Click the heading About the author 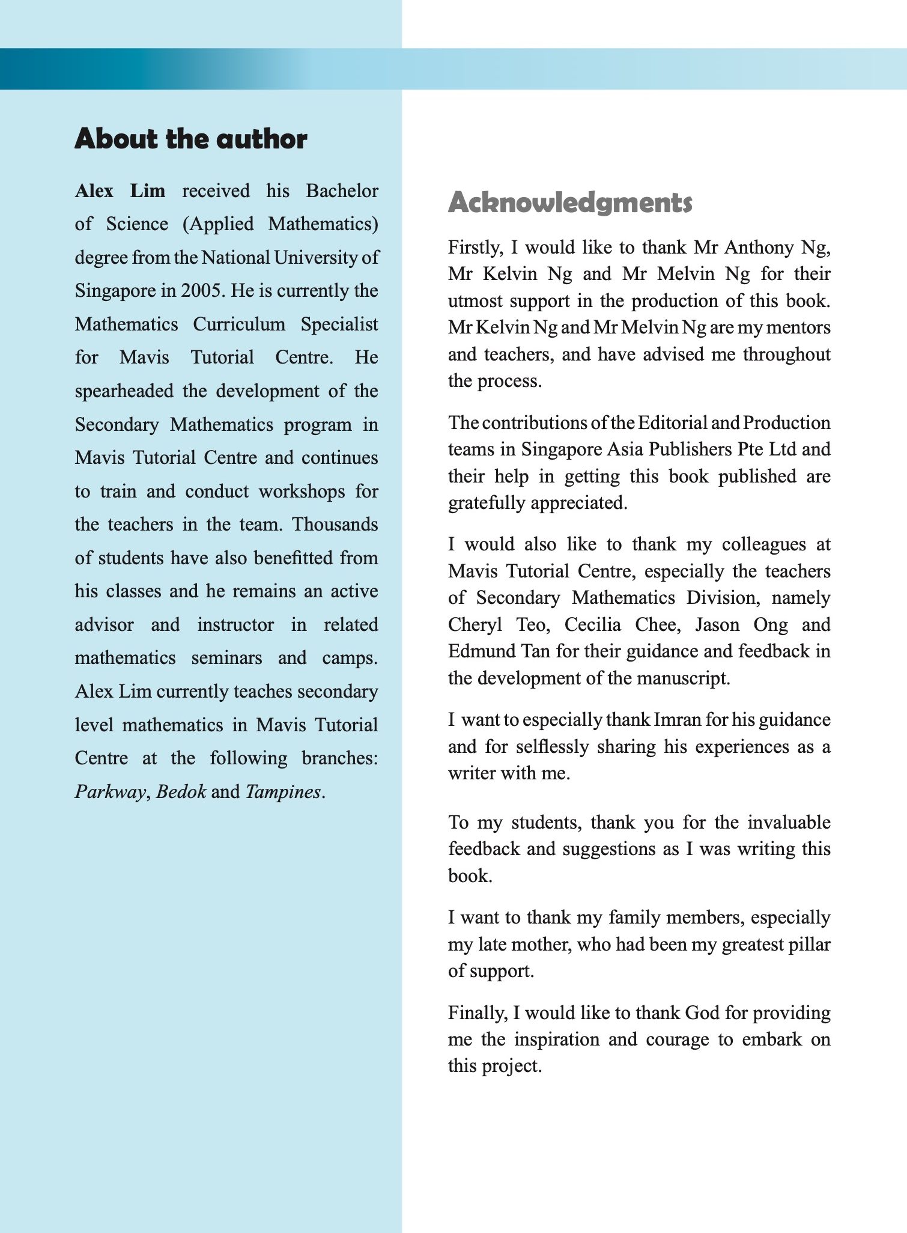tap(190, 139)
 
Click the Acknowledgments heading tap(570, 202)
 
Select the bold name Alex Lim tap(120, 191)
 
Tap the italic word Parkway tap(110, 792)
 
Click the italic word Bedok tap(181, 792)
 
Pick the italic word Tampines tap(283, 792)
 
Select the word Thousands tap(335, 525)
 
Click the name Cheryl tap(475, 625)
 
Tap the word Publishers tap(691, 449)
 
